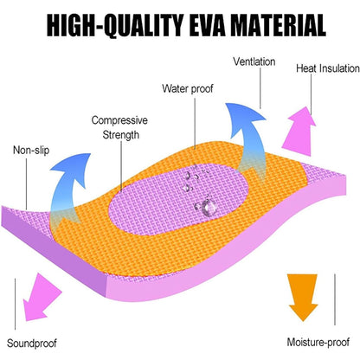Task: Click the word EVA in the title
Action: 205,25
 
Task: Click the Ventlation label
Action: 254,61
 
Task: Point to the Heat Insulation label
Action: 328,68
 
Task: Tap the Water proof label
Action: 188,88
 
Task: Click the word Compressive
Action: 119,120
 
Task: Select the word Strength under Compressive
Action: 120,135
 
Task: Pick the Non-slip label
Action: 31,150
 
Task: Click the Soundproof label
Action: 32,343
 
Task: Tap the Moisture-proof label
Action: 318,342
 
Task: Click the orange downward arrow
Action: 303,297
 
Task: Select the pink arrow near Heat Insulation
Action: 299,132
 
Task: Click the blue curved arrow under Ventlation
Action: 248,138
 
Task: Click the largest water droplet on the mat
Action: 209,207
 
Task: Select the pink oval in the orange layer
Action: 179,199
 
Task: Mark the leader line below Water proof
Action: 195,124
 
